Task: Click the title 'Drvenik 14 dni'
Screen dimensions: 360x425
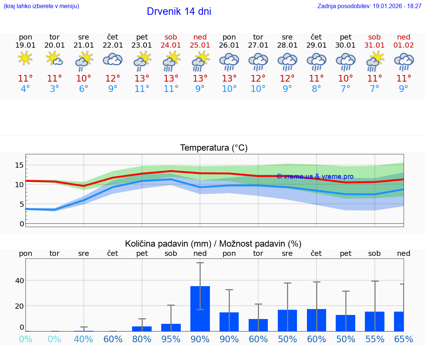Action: pyautogui.click(x=179, y=11)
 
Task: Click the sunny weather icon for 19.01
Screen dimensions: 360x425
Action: pyautogui.click(x=25, y=58)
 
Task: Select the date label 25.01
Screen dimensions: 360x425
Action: pyautogui.click(x=200, y=45)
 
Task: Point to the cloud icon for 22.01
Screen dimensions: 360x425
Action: pyautogui.click(x=113, y=59)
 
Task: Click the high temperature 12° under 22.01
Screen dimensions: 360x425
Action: pyautogui.click(x=113, y=78)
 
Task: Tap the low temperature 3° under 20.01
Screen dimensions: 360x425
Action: pyautogui.click(x=55, y=89)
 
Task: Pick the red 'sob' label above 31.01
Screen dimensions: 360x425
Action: pyautogui.click(x=374, y=37)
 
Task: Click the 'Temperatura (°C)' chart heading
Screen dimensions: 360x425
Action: pyautogui.click(x=214, y=148)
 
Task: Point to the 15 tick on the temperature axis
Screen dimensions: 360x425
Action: pyautogui.click(x=20, y=165)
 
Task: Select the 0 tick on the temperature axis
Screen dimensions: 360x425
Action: pyautogui.click(x=22, y=224)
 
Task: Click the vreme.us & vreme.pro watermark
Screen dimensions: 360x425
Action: pyautogui.click(x=315, y=176)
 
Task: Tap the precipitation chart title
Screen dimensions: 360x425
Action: pyautogui.click(x=213, y=244)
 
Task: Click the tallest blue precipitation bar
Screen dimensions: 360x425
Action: pyautogui.click(x=200, y=308)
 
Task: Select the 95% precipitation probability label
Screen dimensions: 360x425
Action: pyautogui.click(x=171, y=339)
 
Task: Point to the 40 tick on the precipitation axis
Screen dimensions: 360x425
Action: pyautogui.click(x=19, y=280)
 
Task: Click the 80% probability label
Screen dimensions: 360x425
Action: pyautogui.click(x=142, y=339)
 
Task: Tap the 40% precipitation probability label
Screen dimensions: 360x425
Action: pyautogui.click(x=83, y=339)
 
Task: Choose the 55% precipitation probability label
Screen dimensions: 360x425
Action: pyautogui.click(x=374, y=339)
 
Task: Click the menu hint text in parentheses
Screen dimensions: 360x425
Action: pyautogui.click(x=41, y=6)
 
